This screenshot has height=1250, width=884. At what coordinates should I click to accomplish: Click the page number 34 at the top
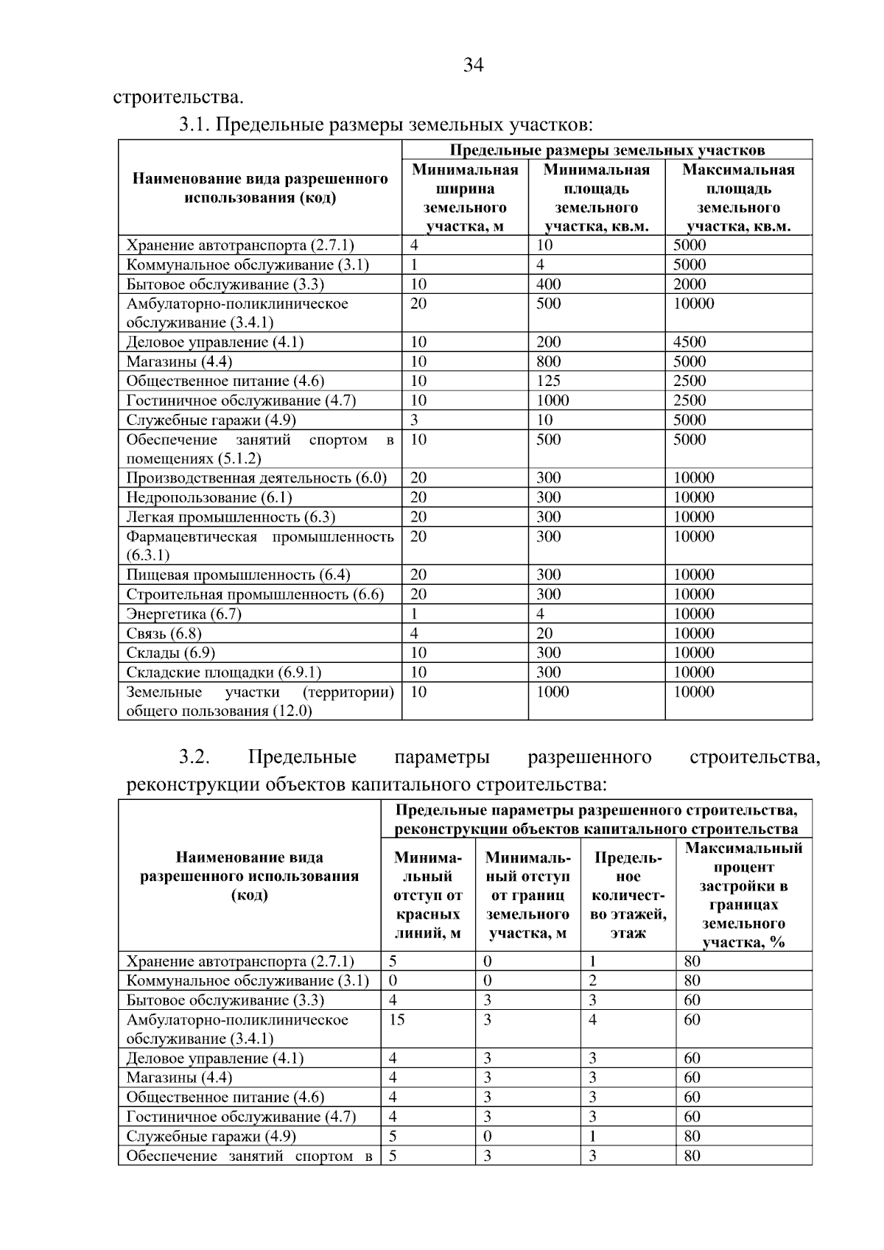(474, 66)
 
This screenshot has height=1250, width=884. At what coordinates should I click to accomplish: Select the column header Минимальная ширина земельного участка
(465, 198)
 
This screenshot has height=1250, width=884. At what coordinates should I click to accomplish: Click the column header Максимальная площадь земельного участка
(738, 198)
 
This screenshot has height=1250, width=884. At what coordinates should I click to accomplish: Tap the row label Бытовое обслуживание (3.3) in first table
(225, 284)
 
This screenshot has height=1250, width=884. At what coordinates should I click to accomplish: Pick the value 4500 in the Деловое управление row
(690, 342)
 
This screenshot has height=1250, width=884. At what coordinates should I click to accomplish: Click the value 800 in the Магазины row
(549, 362)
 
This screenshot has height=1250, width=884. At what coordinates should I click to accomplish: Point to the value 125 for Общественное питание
(549, 381)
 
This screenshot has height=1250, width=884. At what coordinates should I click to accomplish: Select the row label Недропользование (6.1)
(209, 497)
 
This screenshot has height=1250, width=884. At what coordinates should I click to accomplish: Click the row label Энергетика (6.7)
(184, 614)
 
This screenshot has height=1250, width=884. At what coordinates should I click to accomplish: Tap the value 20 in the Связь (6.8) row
(544, 633)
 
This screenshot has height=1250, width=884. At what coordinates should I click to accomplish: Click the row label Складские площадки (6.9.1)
(224, 672)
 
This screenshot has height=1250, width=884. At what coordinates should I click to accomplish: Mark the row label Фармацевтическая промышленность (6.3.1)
(259, 545)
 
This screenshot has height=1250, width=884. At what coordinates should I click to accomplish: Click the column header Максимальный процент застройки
(743, 895)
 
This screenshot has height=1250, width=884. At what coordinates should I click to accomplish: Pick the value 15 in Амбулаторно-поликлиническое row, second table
(397, 1019)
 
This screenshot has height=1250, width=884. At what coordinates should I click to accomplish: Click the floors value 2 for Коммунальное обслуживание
(592, 980)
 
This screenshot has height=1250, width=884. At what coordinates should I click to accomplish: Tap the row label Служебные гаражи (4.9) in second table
(211, 1136)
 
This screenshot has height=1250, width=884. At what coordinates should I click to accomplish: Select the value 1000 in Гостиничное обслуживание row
(552, 401)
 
